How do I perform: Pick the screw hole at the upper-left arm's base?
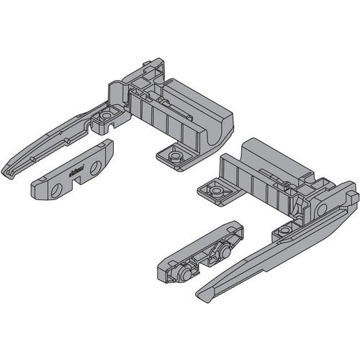(x=107, y=115)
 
